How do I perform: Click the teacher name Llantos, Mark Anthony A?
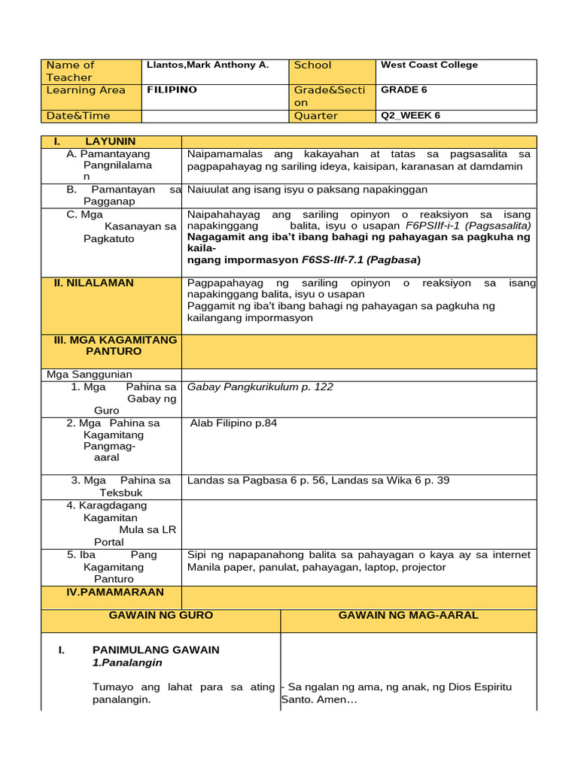tap(207, 65)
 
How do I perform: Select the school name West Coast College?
tap(429, 65)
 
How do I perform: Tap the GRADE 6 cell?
tap(404, 90)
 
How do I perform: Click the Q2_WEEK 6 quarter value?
tap(411, 116)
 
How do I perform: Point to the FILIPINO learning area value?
tap(172, 90)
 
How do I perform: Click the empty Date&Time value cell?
tap(215, 116)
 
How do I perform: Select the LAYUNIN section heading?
tap(110, 141)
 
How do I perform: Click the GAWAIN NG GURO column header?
tap(161, 616)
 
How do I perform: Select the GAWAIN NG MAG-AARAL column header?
tap(408, 616)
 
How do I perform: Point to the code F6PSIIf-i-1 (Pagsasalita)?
tap(467, 226)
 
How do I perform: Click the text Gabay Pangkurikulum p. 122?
tap(260, 387)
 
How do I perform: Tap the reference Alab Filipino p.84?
tap(233, 423)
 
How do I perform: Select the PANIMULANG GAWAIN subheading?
tap(156, 650)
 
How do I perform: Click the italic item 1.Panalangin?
tap(127, 663)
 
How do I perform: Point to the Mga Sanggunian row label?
tap(90, 374)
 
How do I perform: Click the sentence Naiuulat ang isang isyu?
tap(307, 190)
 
